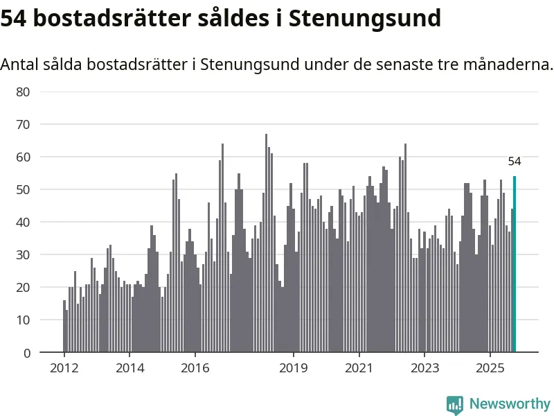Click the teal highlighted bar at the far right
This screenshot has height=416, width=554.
point(515,264)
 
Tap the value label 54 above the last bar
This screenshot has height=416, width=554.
point(515,162)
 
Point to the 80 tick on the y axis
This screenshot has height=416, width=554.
point(24,92)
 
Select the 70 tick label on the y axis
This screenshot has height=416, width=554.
point(24,124)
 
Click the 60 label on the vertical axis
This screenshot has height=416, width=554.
point(24,157)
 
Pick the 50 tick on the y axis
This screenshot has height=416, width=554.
point(24,189)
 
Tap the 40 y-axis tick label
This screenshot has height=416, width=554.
point(24,222)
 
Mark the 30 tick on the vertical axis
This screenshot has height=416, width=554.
point(24,254)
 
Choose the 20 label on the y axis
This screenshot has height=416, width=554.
point(24,287)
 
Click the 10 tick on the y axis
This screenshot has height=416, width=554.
point(24,320)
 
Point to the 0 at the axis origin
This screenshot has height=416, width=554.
point(27,352)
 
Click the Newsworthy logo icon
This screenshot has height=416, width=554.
point(455,404)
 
